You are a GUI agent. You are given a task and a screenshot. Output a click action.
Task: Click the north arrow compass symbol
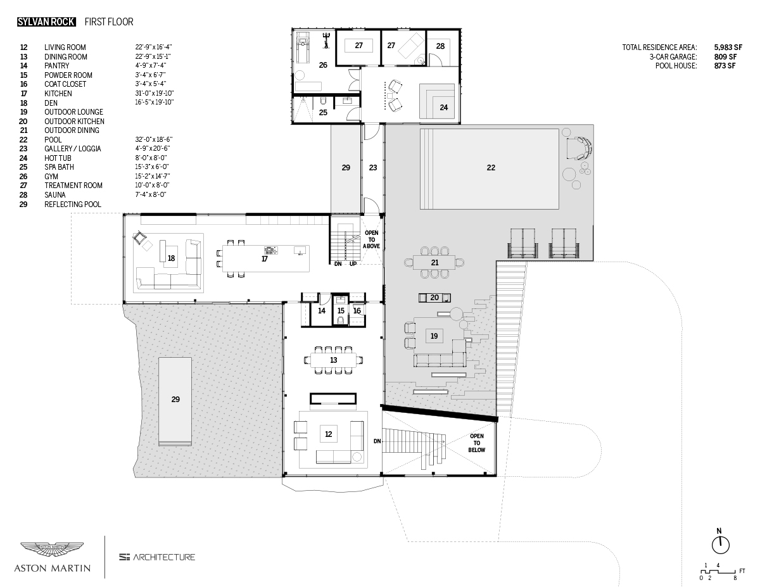click(x=719, y=543)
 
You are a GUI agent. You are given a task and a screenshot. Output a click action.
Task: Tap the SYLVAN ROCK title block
click(x=46, y=22)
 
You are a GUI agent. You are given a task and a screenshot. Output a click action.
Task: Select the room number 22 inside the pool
click(x=491, y=168)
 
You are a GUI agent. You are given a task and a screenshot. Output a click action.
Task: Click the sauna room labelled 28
click(x=440, y=46)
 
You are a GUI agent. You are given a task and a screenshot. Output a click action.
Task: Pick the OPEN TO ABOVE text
click(x=372, y=241)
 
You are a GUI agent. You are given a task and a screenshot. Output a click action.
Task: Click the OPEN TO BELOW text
click(x=477, y=443)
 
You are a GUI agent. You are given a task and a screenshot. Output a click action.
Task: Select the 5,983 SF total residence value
click(x=728, y=47)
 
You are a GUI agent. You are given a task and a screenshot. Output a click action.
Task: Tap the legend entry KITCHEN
click(x=58, y=93)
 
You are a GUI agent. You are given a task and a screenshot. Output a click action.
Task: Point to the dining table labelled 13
click(x=333, y=360)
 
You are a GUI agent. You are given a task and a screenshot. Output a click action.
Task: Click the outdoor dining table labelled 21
click(x=434, y=262)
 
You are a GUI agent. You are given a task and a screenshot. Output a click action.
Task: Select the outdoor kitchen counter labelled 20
click(x=434, y=298)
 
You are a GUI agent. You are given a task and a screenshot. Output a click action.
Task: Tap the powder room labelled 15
click(x=341, y=311)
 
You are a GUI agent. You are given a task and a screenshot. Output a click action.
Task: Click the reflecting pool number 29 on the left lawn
click(x=175, y=400)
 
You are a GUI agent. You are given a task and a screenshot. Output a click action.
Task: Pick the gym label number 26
click(x=323, y=65)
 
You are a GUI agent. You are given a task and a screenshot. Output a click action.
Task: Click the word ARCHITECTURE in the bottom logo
click(x=164, y=557)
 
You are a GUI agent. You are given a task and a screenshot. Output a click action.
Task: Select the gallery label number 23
click(x=373, y=168)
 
